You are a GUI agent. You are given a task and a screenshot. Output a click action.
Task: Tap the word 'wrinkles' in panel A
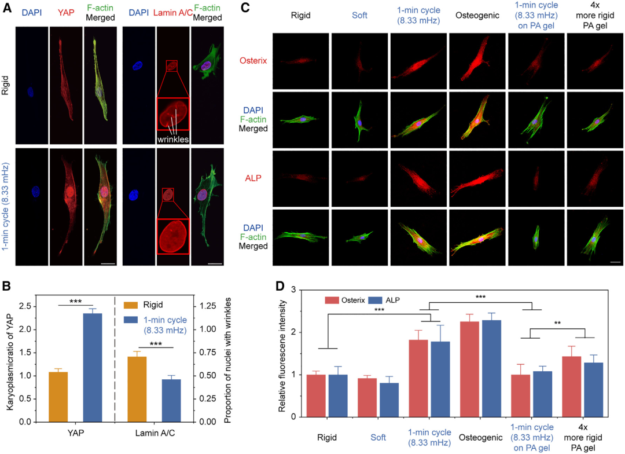[173, 139]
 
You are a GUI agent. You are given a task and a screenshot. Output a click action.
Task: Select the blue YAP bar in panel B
[93, 368]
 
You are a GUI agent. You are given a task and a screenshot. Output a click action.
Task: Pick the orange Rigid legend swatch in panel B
[131, 305]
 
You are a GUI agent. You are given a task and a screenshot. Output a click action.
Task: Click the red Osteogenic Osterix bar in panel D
[469, 369]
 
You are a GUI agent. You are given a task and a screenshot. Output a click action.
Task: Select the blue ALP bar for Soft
[389, 400]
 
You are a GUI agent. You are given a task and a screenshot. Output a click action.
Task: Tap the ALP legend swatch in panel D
[375, 300]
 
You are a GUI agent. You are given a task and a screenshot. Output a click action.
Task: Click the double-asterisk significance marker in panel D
[557, 323]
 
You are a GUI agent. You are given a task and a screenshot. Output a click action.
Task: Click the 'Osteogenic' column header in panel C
[477, 16]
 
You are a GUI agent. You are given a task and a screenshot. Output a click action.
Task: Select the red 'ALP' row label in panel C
[253, 178]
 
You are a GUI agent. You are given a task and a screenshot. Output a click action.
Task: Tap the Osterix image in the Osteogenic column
[477, 61]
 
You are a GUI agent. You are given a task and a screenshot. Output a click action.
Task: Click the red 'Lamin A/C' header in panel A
[173, 13]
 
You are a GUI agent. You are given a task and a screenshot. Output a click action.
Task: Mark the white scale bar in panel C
[615, 262]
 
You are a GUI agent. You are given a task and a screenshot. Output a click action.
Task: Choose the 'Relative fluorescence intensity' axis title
[282, 356]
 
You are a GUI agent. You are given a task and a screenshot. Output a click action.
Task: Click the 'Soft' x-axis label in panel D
[378, 438]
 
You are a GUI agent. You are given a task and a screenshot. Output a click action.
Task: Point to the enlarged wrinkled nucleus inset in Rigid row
[173, 114]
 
